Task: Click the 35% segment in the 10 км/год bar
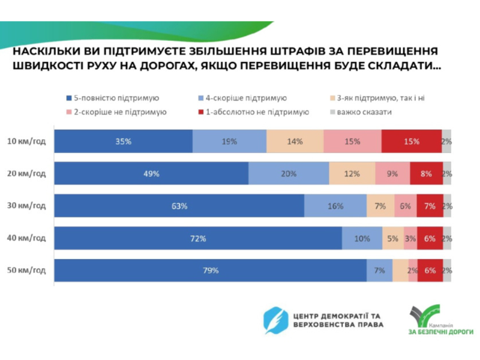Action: pos(123,142)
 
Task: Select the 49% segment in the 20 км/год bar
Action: pos(151,173)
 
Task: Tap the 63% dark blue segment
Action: pos(179,206)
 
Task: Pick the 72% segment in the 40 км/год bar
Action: pos(198,238)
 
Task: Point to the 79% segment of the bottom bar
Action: pos(211,271)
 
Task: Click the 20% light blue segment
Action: pos(289,173)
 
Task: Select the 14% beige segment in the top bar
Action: pos(295,142)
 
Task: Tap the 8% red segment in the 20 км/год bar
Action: pos(426,173)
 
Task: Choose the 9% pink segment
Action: pos(392,173)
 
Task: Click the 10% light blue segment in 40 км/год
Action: pos(362,238)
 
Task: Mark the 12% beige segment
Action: pos(352,173)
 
